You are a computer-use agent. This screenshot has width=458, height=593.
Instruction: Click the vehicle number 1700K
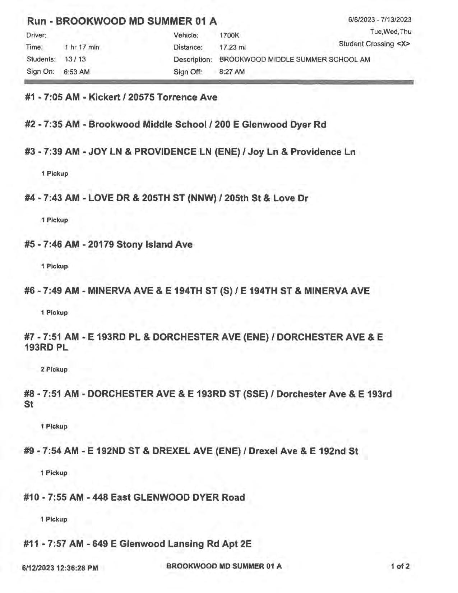point(229,35)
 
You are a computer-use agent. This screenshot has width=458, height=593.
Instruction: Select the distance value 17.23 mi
point(232,47)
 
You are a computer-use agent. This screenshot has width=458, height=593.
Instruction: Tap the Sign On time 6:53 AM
point(77,72)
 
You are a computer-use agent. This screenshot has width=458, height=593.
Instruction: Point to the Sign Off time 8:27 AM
point(232,72)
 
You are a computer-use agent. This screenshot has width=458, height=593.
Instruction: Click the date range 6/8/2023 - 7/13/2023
point(380,20)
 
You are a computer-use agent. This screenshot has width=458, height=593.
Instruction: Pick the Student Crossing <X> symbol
point(403,44)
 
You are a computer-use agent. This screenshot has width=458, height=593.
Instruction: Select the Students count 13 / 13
point(75,59)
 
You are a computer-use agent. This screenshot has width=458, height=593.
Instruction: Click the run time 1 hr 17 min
point(82,47)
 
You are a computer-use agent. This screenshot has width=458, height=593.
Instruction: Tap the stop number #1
point(31,97)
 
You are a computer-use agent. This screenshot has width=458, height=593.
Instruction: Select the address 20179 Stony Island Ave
point(140,245)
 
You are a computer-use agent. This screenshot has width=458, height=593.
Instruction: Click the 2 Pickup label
point(54,369)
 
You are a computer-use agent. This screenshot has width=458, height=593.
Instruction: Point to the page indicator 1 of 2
point(400,567)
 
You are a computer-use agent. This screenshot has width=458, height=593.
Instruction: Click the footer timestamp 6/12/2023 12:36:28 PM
point(60,568)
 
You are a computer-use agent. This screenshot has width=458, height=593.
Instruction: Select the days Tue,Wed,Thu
point(390,32)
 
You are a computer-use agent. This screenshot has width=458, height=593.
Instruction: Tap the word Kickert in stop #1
point(104,97)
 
